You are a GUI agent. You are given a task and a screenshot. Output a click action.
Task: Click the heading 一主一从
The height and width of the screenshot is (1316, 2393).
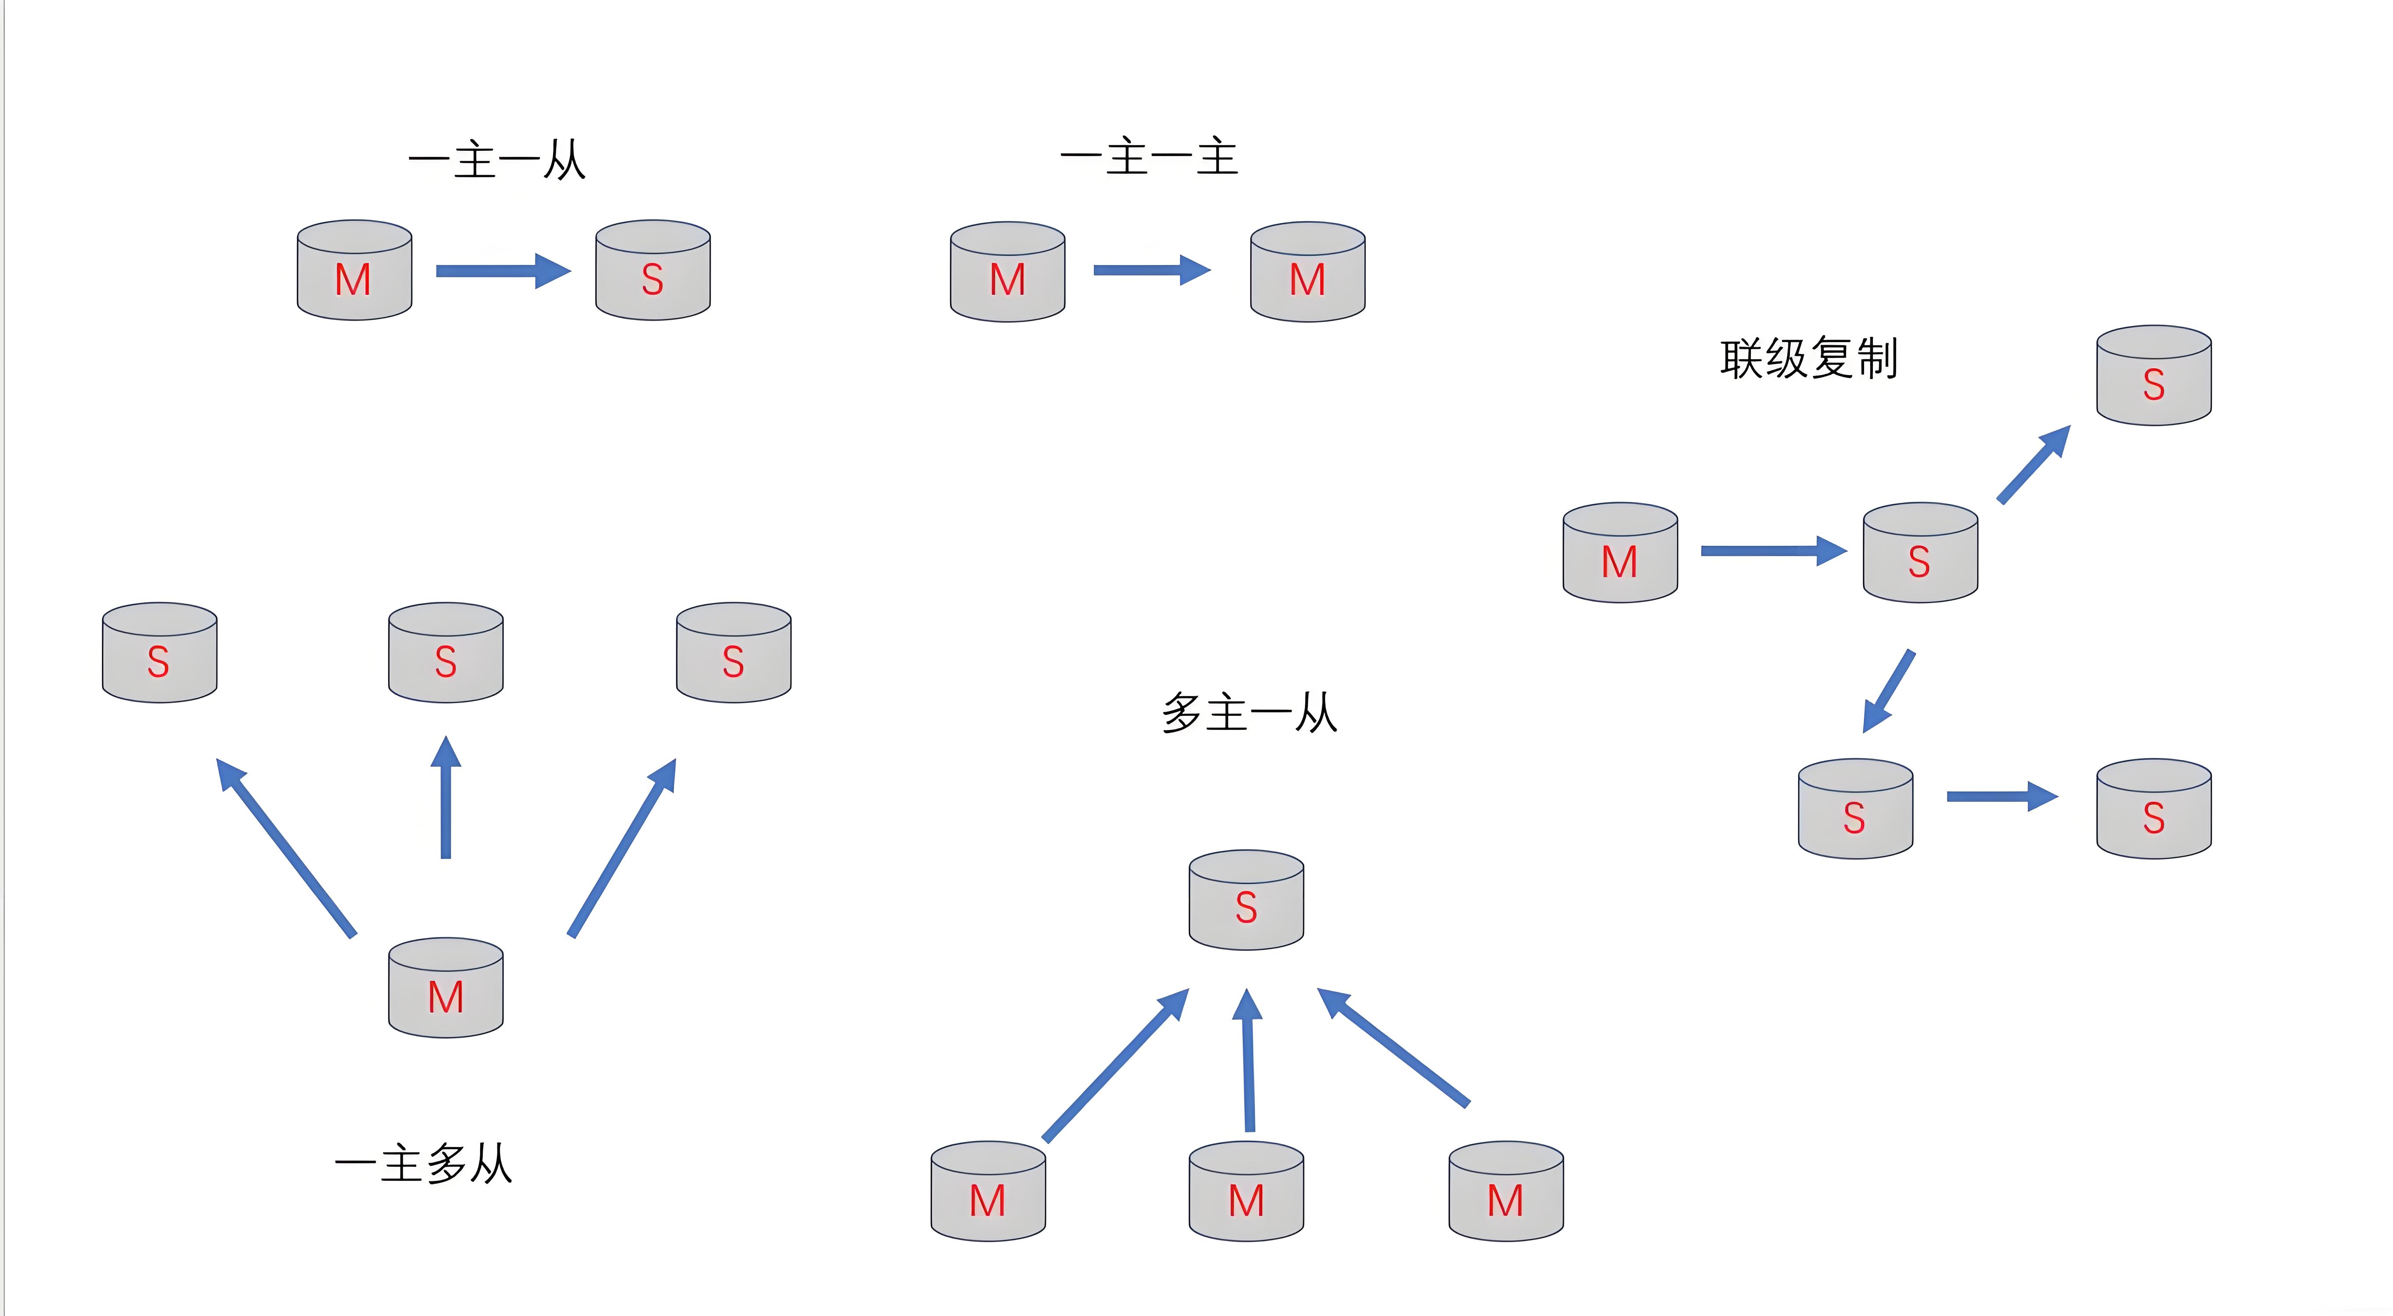click(497, 160)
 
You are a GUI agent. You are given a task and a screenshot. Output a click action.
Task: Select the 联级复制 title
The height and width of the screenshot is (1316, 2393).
click(1809, 358)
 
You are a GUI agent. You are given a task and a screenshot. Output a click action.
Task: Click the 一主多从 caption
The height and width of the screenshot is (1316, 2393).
click(424, 1164)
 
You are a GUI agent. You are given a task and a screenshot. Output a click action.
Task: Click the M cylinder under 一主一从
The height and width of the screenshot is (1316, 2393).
click(354, 271)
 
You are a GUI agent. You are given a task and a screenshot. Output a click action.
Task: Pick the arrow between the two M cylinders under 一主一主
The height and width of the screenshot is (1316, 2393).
click(1152, 270)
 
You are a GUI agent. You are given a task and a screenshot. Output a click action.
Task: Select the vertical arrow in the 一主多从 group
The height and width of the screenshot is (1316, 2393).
click(446, 799)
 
